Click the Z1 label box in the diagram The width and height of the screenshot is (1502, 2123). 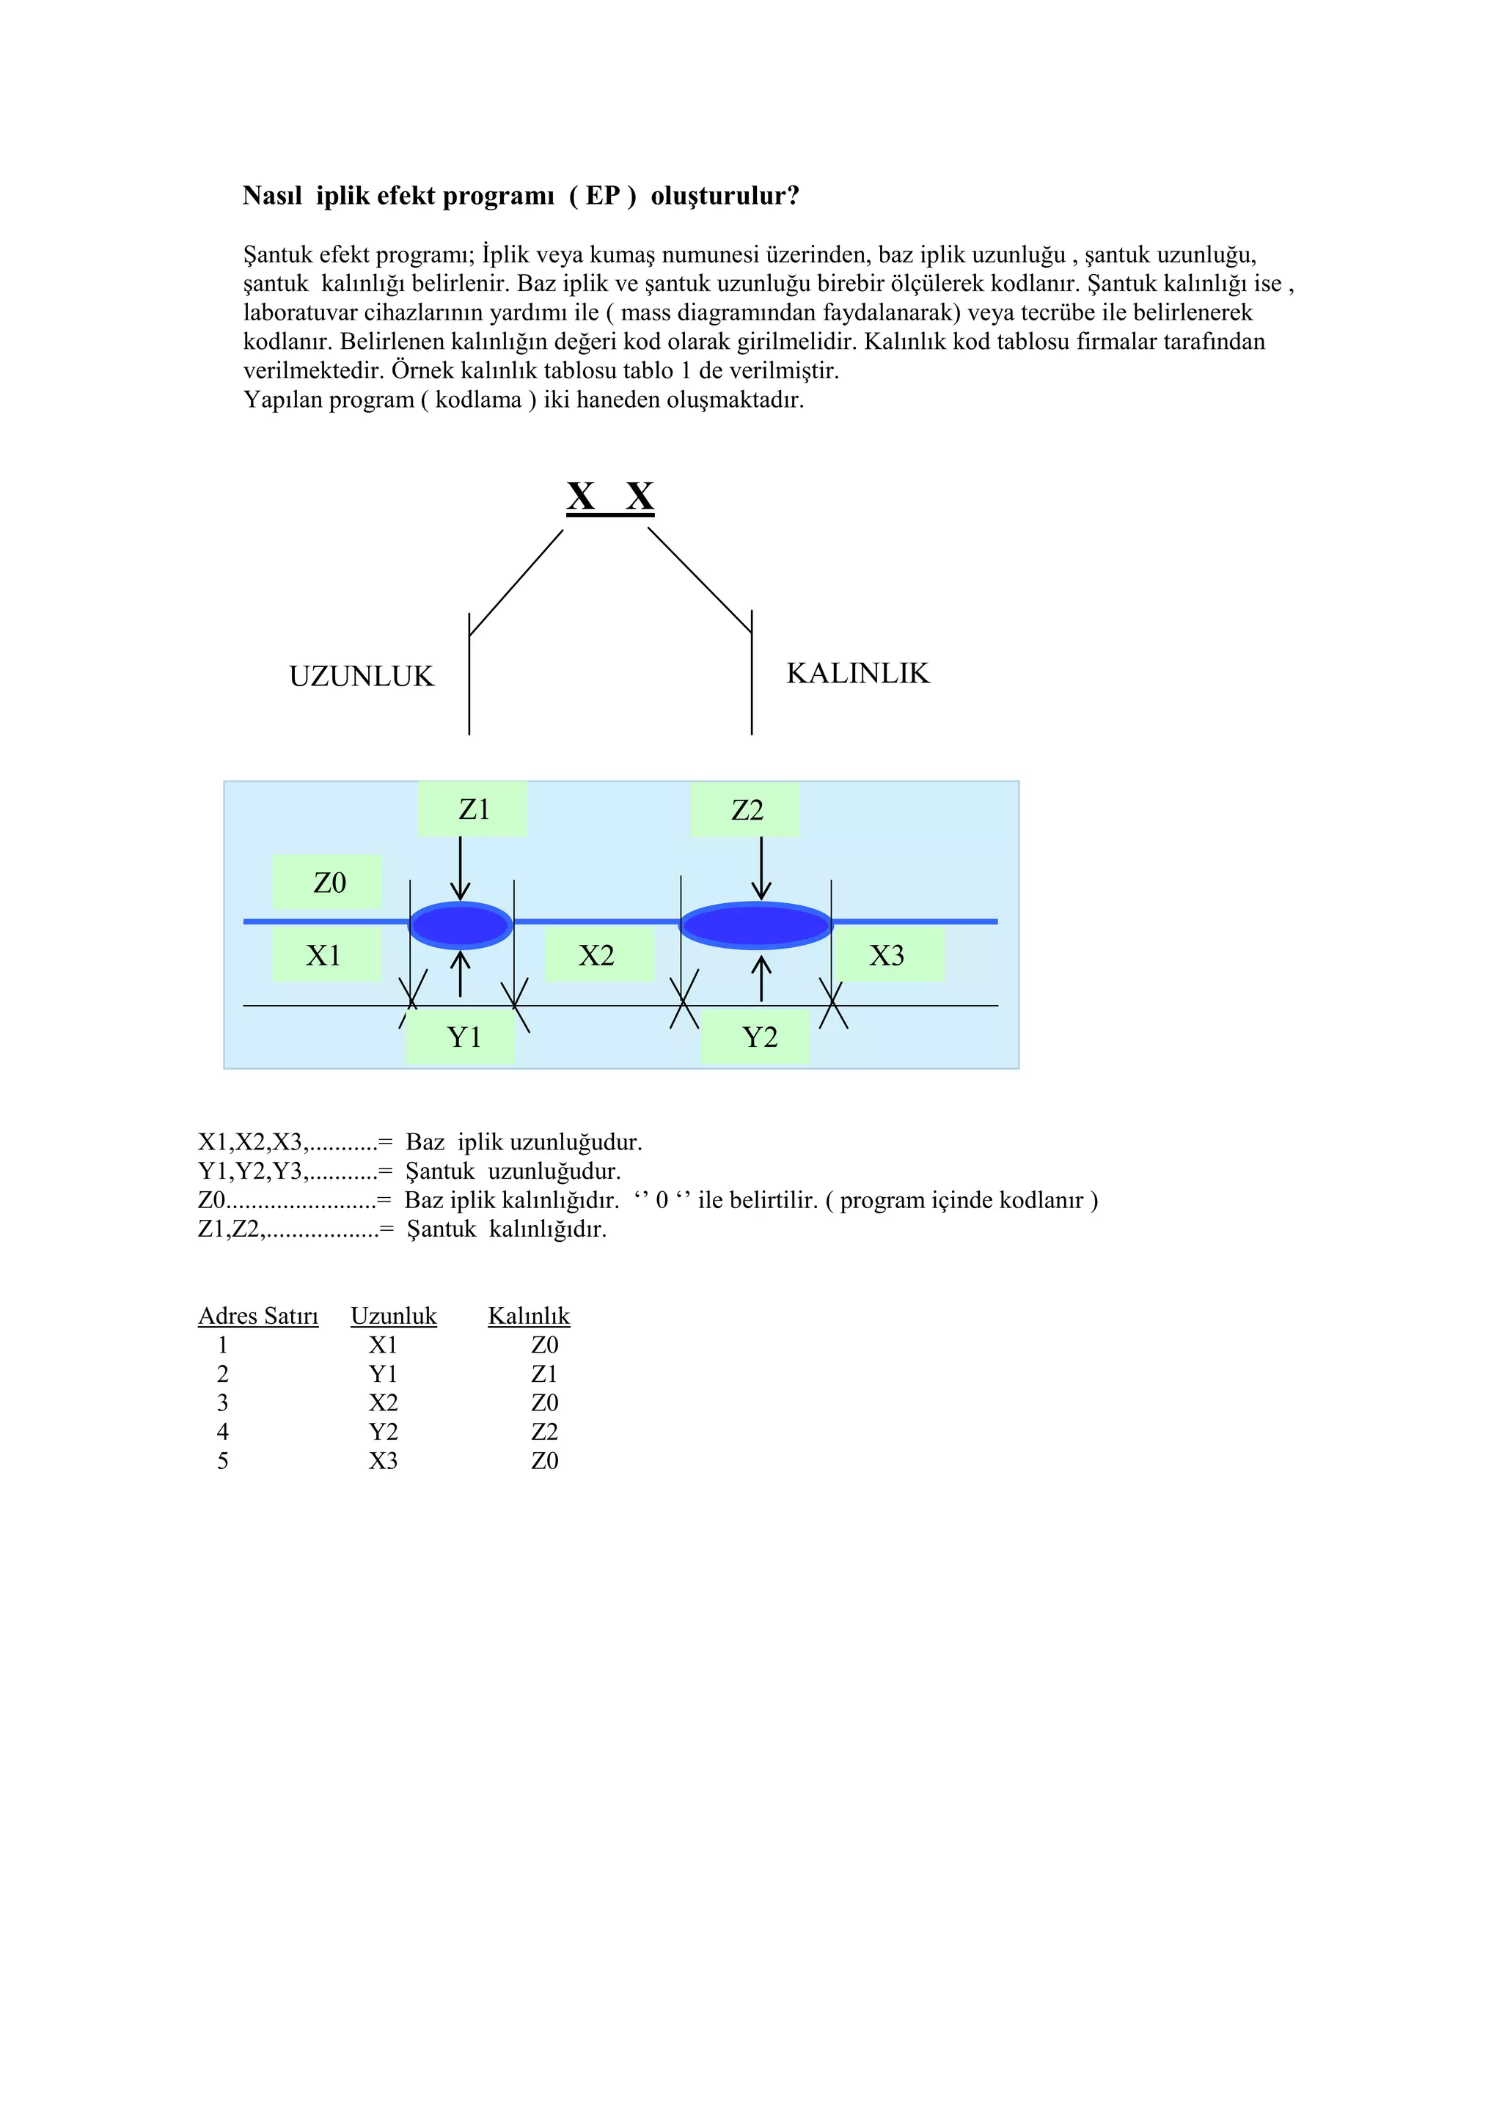click(x=472, y=809)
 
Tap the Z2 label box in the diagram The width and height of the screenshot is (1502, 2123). click(x=745, y=810)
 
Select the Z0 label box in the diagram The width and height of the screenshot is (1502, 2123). click(x=327, y=882)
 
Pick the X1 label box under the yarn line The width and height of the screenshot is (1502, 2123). click(x=326, y=955)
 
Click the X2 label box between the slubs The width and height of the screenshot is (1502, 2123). click(x=598, y=955)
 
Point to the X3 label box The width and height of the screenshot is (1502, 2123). click(x=888, y=955)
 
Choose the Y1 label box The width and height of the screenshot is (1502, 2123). click(x=461, y=1037)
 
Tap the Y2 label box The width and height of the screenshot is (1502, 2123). click(x=757, y=1037)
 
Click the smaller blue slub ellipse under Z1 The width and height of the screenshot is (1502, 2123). click(x=461, y=924)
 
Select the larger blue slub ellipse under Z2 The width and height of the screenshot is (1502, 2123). click(x=755, y=924)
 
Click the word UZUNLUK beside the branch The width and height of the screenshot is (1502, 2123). click(x=362, y=677)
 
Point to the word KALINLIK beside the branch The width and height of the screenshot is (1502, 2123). click(x=857, y=673)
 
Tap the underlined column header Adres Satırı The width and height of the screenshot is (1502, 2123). click(x=258, y=1316)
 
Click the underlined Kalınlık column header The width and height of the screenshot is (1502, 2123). click(x=528, y=1316)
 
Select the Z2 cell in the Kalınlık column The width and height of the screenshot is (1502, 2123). click(x=544, y=1432)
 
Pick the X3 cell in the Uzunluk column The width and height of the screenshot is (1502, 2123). click(x=383, y=1461)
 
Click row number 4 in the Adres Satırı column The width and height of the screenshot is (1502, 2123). click(x=223, y=1432)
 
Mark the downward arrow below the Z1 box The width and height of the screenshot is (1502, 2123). click(x=460, y=869)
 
